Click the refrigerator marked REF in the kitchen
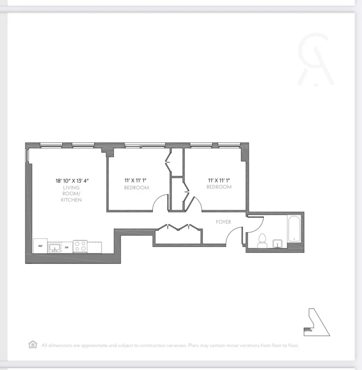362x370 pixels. (x=41, y=246)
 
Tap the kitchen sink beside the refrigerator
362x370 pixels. (x=54, y=247)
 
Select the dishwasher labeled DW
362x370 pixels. (x=67, y=247)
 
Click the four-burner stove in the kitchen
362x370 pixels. (x=81, y=246)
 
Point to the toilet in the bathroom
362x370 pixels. (x=262, y=241)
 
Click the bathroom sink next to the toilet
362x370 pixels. (x=278, y=244)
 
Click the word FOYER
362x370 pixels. (x=223, y=222)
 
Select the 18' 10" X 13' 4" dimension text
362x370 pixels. (x=73, y=181)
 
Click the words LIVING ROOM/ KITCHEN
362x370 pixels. (x=71, y=193)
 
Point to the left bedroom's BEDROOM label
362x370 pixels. (x=137, y=188)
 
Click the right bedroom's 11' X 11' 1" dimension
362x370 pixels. (x=219, y=180)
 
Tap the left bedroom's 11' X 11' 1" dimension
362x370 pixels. (x=137, y=181)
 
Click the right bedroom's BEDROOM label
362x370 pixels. (x=219, y=187)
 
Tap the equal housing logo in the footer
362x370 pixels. (x=33, y=344)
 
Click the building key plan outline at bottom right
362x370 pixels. (x=317, y=322)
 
